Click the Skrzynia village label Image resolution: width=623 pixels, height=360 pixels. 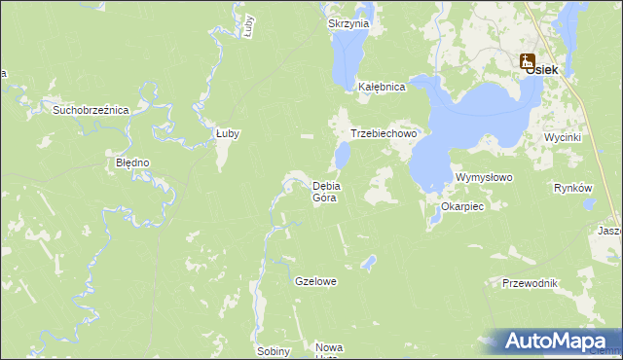348,23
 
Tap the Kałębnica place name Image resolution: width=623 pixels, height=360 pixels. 381,86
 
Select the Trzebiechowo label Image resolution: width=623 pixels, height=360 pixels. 384,134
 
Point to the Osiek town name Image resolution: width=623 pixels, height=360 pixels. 541,69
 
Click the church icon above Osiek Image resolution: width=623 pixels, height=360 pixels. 528,59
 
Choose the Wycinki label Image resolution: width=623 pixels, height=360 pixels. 563,137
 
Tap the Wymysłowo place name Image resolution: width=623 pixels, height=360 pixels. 484,178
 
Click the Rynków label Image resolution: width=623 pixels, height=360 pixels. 572,188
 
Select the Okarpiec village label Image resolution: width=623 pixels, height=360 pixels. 462,207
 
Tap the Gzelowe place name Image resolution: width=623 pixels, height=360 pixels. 315,281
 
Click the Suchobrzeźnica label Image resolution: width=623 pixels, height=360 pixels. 92,110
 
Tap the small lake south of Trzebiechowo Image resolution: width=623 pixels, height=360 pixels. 343,155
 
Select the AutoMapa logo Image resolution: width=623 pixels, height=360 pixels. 556,341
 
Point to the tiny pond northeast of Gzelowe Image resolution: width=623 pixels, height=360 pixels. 368,261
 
